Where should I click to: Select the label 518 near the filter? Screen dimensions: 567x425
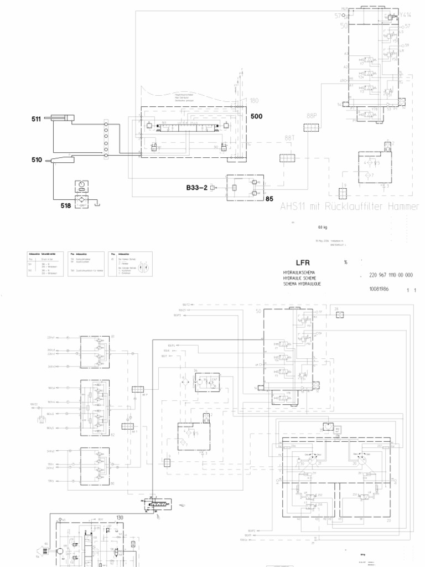click(x=66, y=205)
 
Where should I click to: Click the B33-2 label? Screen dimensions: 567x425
click(x=197, y=188)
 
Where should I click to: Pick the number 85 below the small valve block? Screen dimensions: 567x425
click(x=270, y=197)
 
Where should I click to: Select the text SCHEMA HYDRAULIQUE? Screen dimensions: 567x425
click(x=302, y=283)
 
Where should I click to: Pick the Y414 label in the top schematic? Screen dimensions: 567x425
click(x=406, y=15)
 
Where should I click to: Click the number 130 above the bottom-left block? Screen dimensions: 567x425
click(x=120, y=517)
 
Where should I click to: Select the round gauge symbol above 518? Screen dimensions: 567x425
click(x=82, y=184)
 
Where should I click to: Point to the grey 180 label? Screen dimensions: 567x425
click(x=254, y=100)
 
